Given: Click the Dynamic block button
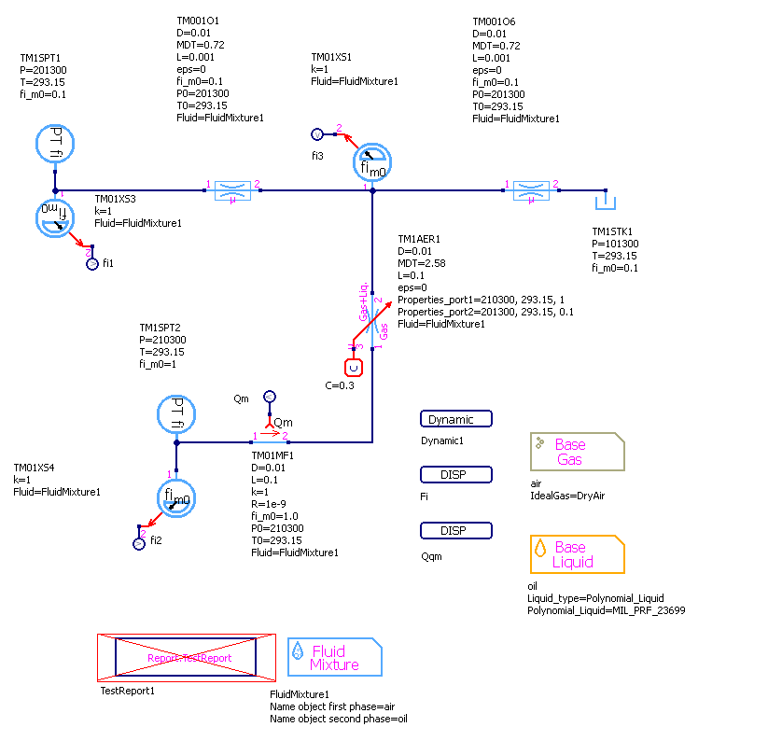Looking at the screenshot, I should pyautogui.click(x=456, y=420).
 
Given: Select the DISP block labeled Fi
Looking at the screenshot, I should pyautogui.click(x=456, y=475).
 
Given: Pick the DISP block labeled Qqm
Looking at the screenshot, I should pyautogui.click(x=456, y=531).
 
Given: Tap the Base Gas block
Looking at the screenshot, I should pyautogui.click(x=577, y=452).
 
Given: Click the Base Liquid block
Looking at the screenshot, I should pyautogui.click(x=577, y=554).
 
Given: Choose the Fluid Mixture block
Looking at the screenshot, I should pyautogui.click(x=334, y=657).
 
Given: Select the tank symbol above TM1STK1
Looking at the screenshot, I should pyautogui.click(x=605, y=200).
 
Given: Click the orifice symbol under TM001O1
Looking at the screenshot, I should pyautogui.click(x=232, y=190).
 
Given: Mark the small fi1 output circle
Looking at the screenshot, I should pyautogui.click(x=91, y=265).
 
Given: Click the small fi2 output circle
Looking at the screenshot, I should pyautogui.click(x=139, y=543).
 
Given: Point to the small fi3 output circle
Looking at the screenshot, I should pyautogui.click(x=315, y=134).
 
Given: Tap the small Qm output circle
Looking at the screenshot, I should pyautogui.click(x=269, y=397).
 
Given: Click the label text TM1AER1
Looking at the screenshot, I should pyautogui.click(x=417, y=239).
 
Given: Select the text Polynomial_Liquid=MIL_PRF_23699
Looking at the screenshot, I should pyautogui.click(x=607, y=610).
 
